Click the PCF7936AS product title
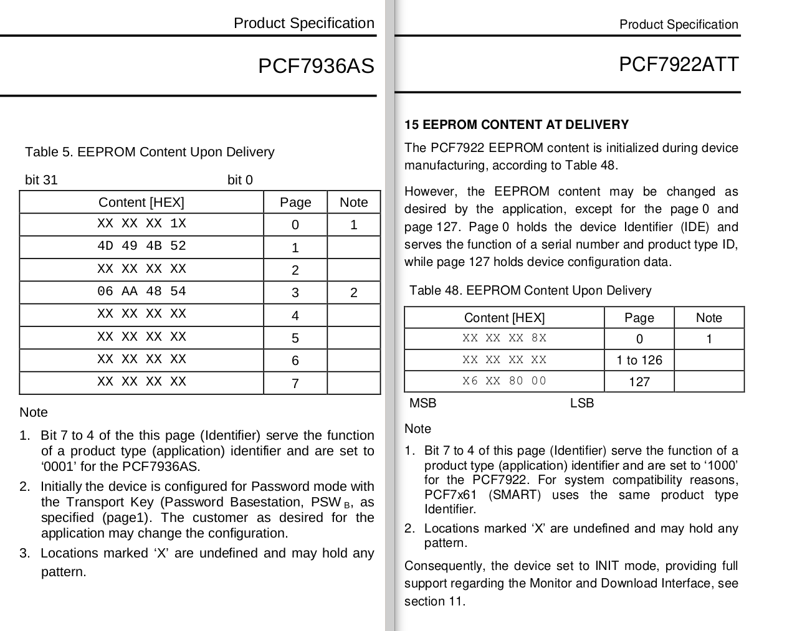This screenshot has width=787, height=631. [316, 66]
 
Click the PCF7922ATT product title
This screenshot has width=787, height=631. [678, 64]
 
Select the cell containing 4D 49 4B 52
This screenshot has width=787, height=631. [141, 246]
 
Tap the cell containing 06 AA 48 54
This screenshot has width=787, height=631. [141, 292]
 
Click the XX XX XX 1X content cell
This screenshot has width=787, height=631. [141, 224]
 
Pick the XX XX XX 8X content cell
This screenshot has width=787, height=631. [504, 338]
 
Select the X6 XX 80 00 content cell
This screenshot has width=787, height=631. [504, 381]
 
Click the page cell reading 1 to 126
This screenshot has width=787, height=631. [639, 360]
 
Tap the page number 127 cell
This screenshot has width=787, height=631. [639, 382]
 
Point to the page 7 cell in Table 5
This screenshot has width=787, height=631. [295, 383]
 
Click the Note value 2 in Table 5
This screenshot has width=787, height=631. [353, 292]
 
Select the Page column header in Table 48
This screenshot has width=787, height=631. [639, 318]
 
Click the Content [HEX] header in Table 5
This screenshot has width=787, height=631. [141, 202]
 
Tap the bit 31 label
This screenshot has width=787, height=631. [41, 180]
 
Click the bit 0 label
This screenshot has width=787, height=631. [240, 180]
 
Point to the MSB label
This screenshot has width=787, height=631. [422, 403]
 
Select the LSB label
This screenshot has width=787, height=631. [582, 403]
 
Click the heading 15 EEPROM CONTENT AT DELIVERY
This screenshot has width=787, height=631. [517, 125]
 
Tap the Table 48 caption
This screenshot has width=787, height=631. [530, 290]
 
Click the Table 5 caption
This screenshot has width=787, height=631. [150, 152]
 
